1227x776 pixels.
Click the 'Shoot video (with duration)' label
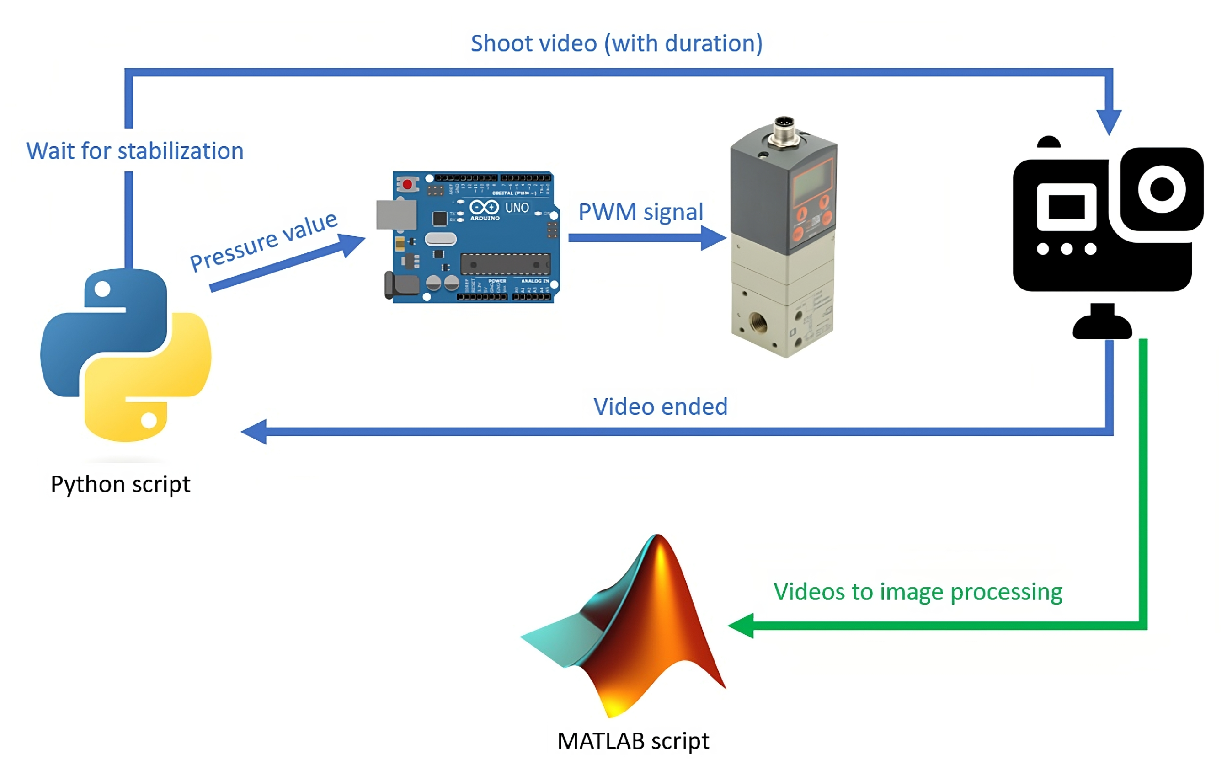pyautogui.click(x=616, y=43)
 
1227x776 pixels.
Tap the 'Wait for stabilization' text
pyautogui.click(x=134, y=151)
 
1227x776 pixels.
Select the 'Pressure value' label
pyautogui.click(x=263, y=241)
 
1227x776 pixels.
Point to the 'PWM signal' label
pyautogui.click(x=640, y=212)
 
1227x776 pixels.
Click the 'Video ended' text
pyautogui.click(x=661, y=407)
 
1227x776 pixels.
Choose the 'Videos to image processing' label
pyautogui.click(x=918, y=592)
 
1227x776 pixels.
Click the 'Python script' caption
pyautogui.click(x=120, y=484)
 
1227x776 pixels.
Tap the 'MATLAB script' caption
pyautogui.click(x=633, y=741)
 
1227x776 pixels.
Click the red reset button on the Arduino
pyautogui.click(x=407, y=183)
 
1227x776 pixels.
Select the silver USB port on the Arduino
pyautogui.click(x=396, y=214)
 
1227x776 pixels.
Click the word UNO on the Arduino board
pyautogui.click(x=517, y=208)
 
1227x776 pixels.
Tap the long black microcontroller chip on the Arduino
pyautogui.click(x=505, y=264)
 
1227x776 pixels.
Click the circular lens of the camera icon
pyautogui.click(x=1162, y=189)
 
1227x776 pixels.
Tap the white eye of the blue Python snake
pyautogui.click(x=102, y=289)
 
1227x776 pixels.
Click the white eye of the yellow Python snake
pyautogui.click(x=149, y=421)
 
